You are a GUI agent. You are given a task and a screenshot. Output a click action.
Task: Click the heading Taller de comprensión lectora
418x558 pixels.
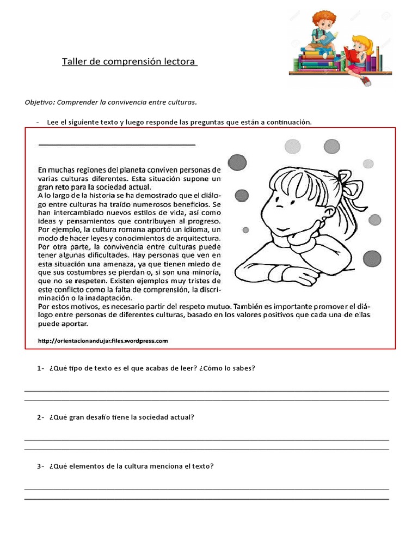129,62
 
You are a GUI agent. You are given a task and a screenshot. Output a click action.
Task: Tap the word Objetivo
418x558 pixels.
39,102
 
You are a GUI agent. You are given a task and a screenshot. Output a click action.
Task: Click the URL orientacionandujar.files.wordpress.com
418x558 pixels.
103,341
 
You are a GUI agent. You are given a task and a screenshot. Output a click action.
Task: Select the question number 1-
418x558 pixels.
41,368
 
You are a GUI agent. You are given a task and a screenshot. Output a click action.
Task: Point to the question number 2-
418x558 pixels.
41,417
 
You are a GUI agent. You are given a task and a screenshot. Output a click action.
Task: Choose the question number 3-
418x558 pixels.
41,466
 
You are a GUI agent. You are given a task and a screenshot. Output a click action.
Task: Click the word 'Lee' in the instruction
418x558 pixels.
52,122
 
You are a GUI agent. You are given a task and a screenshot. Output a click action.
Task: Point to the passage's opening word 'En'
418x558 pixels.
42,169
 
